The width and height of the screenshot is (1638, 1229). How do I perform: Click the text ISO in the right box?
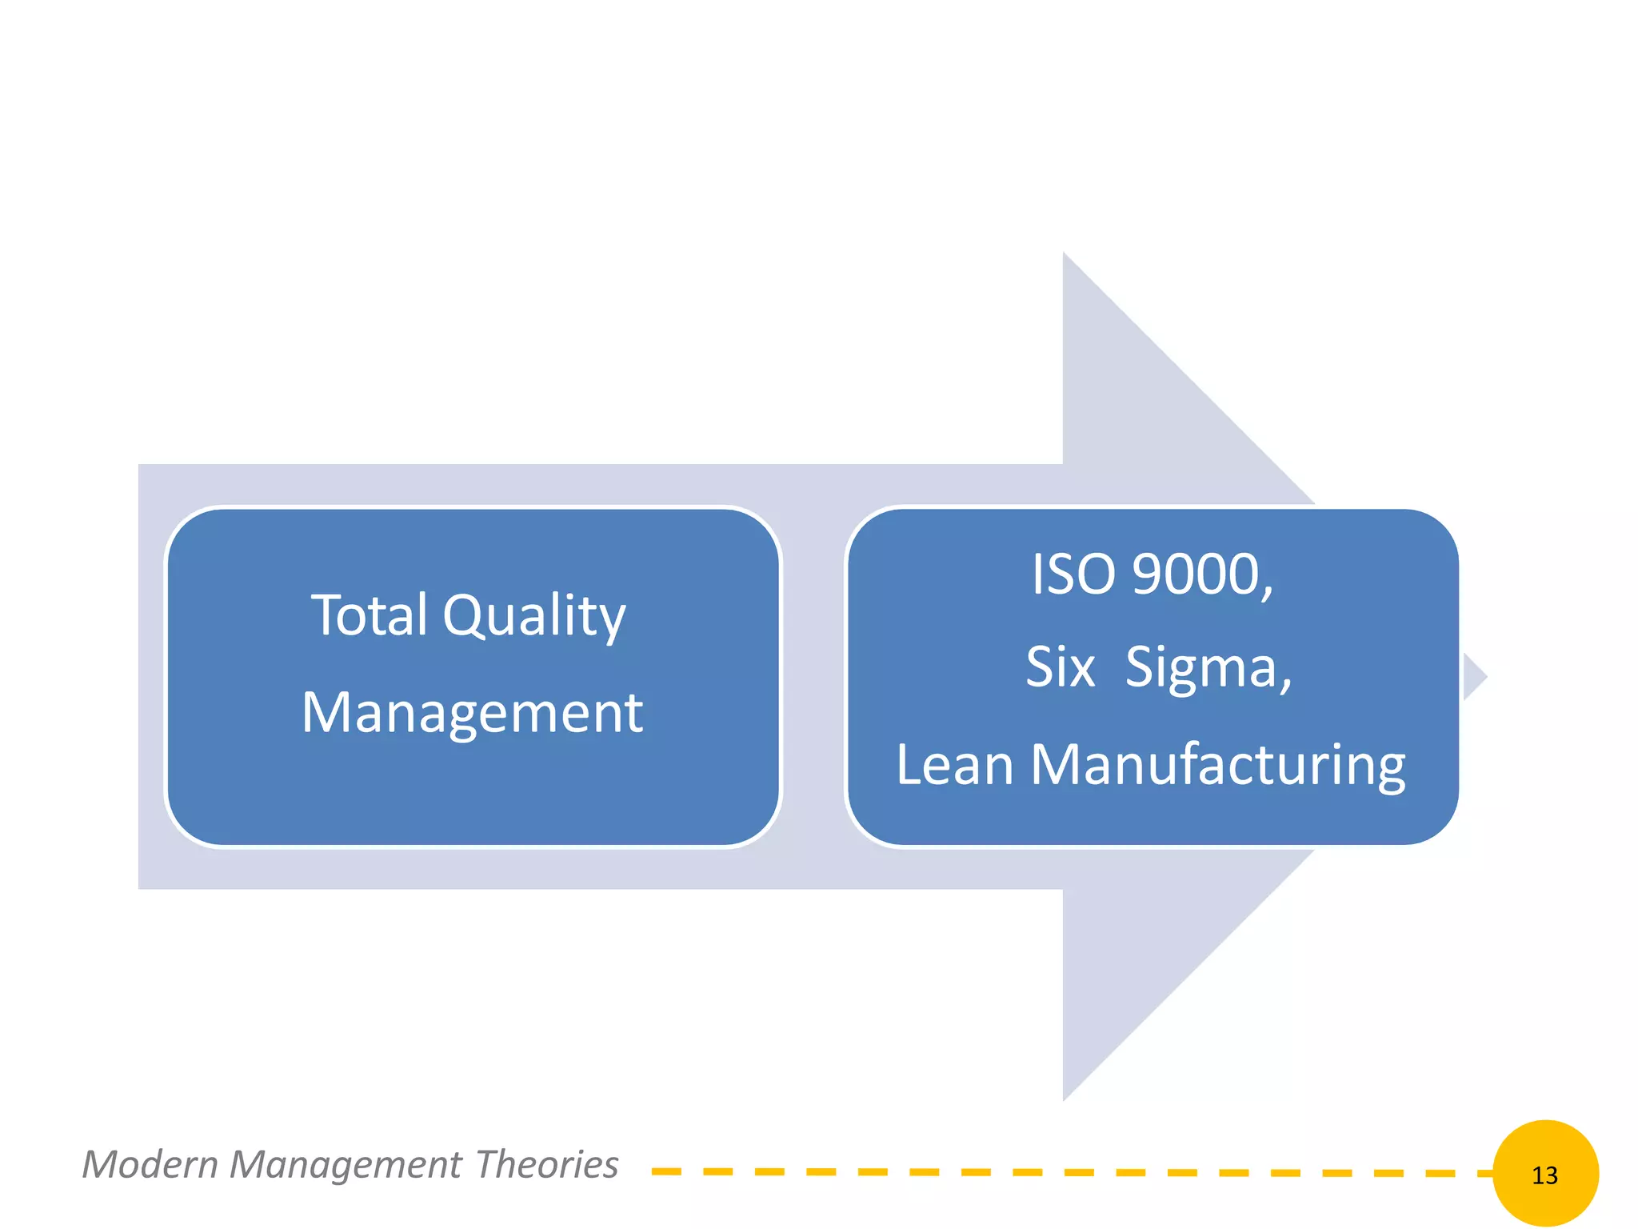(x=1072, y=574)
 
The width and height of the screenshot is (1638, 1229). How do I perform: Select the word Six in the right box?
(x=1060, y=667)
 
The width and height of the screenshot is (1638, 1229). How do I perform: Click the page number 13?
(x=1544, y=1175)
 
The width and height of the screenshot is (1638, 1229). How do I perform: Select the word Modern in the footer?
(x=150, y=1164)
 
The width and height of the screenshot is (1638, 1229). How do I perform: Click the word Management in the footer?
(x=346, y=1165)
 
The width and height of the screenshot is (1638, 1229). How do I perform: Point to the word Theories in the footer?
(x=547, y=1164)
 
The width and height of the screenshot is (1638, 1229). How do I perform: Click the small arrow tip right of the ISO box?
(x=1475, y=677)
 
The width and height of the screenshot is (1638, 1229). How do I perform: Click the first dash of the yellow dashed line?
(x=666, y=1171)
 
